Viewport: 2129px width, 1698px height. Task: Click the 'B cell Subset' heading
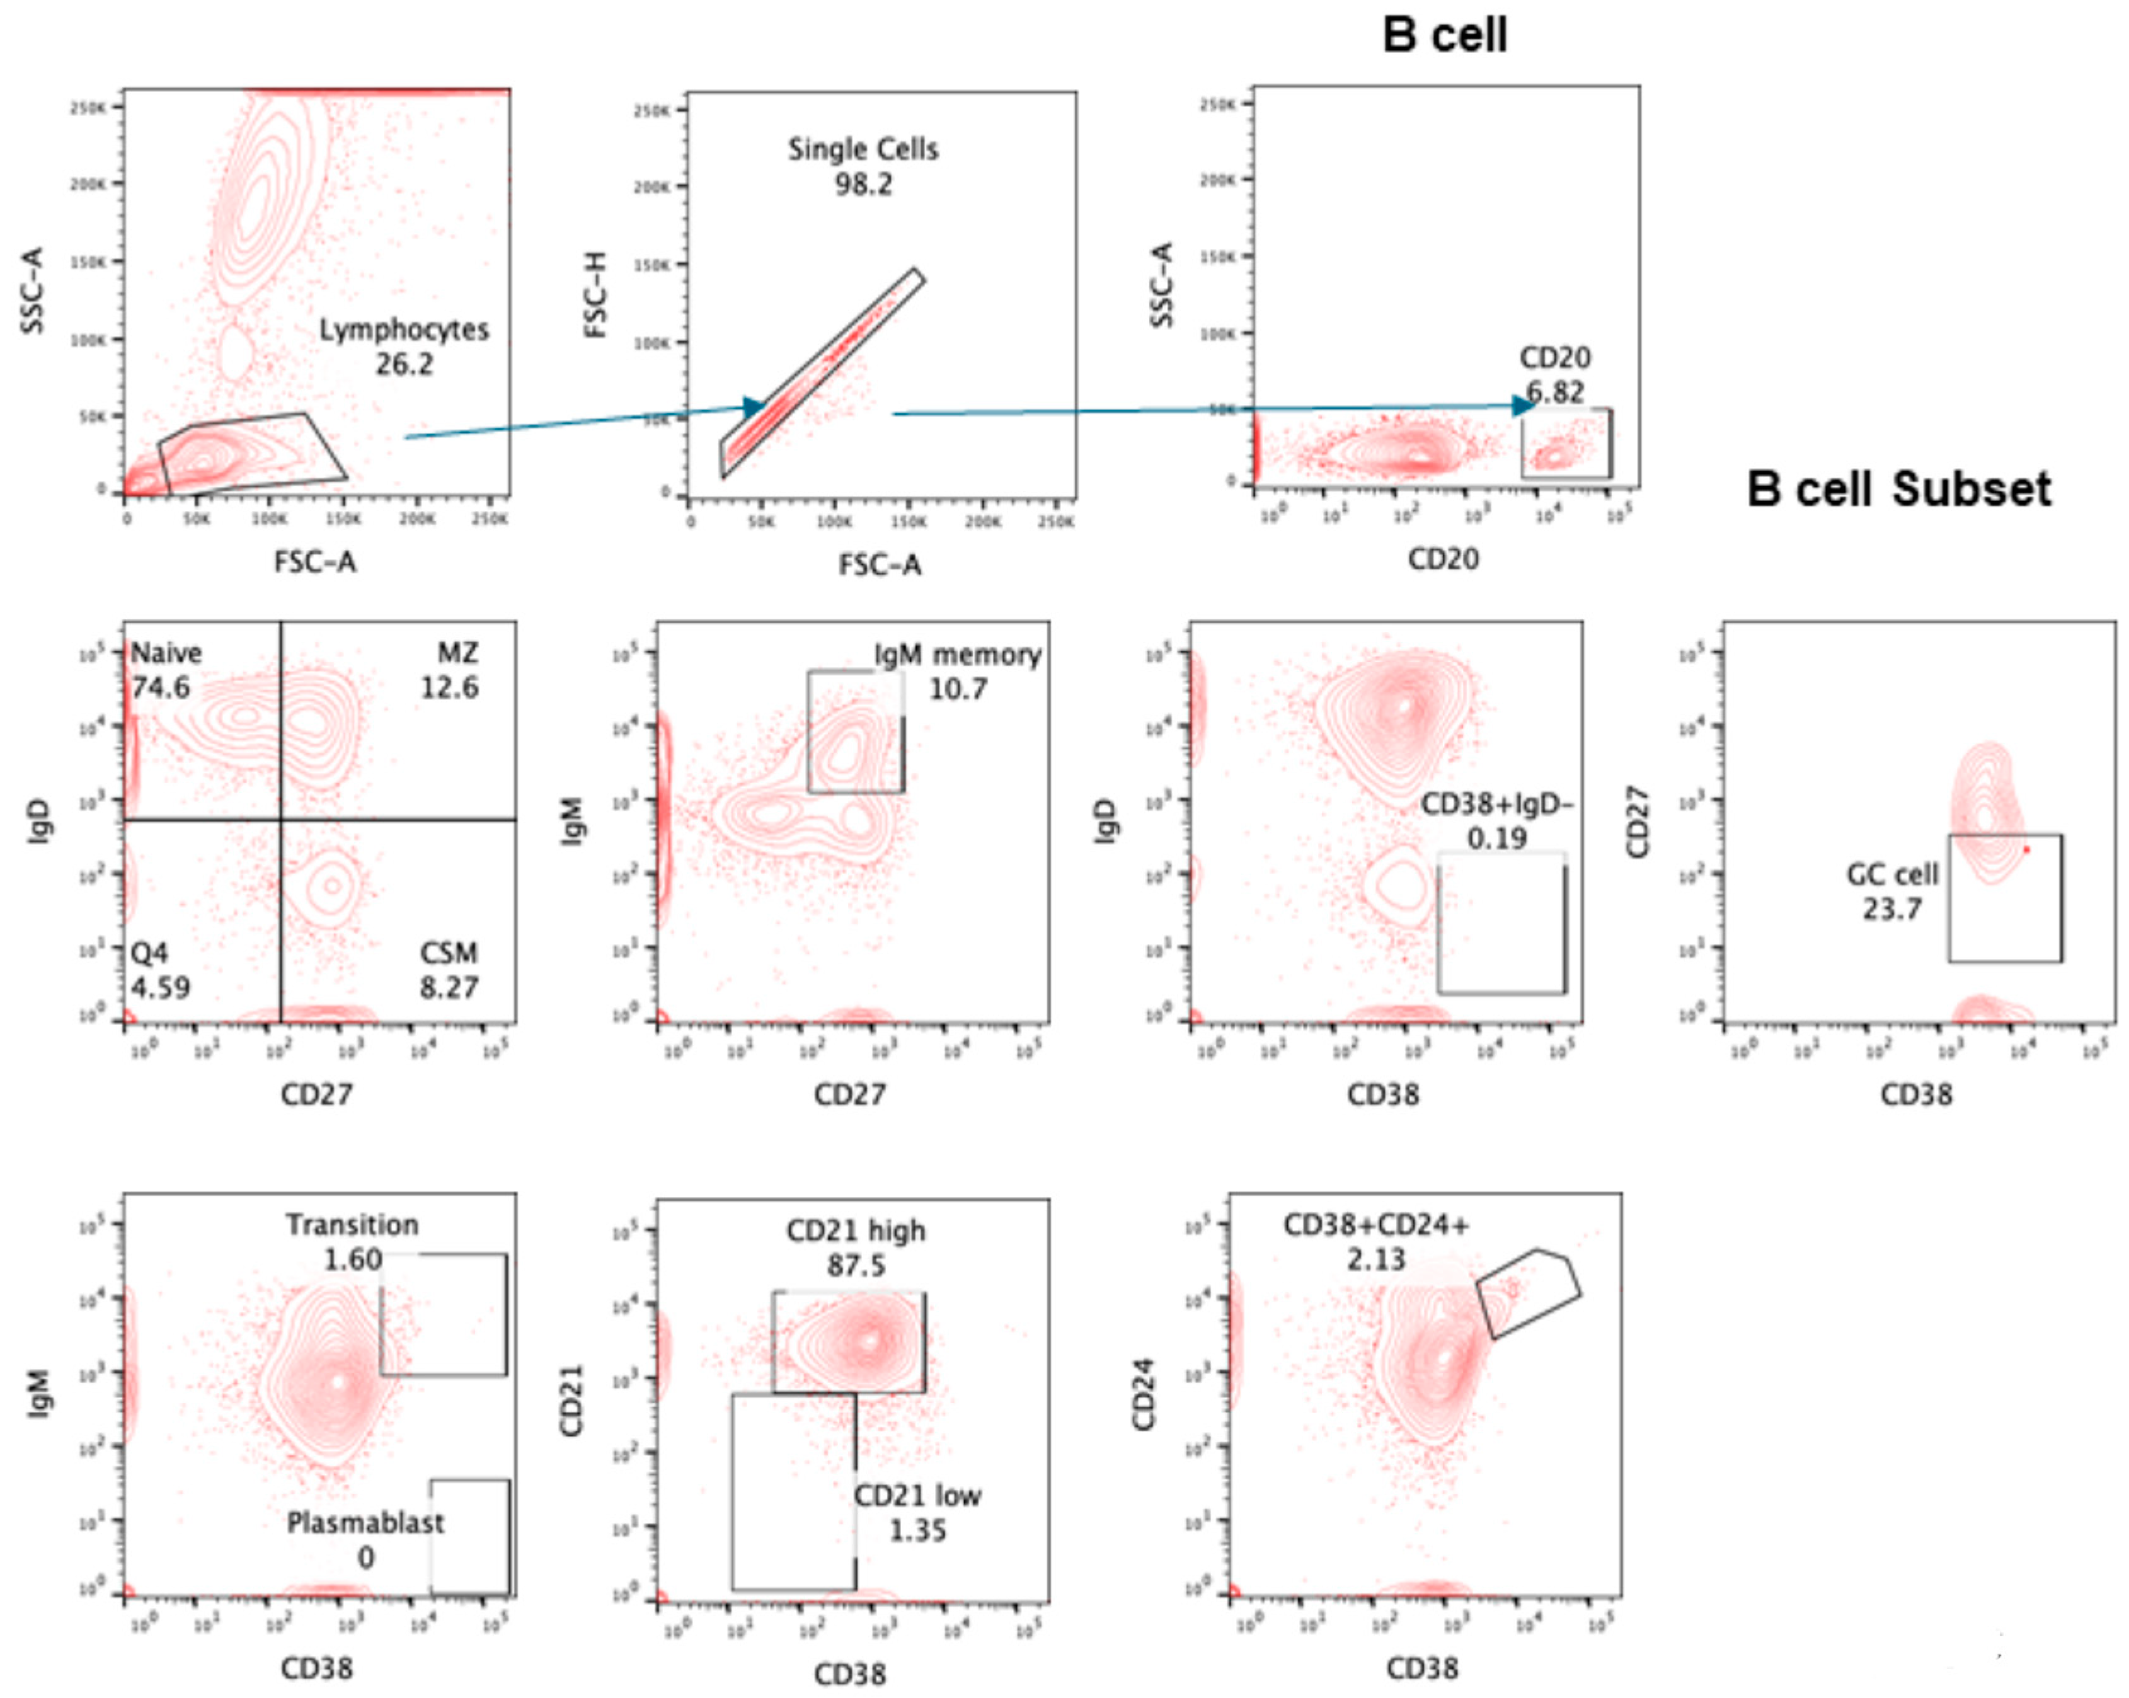tap(1898, 490)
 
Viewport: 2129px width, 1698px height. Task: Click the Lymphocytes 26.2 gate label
tap(404, 347)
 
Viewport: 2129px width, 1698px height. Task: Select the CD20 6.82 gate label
tap(1554, 375)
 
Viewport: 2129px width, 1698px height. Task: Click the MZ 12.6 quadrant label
tap(450, 670)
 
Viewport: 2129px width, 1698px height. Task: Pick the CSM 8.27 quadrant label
tap(449, 970)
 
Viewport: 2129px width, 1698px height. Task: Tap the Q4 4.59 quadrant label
tap(160, 970)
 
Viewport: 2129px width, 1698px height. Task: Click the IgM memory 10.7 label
tap(957, 671)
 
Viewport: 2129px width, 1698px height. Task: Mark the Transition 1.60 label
tap(353, 1242)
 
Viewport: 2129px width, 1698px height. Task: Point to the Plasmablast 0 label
tap(365, 1540)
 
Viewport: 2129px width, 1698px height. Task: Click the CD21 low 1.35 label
tap(917, 1512)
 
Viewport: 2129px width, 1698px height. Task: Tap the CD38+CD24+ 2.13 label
tap(1375, 1242)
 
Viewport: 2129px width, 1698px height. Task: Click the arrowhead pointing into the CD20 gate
tap(1524, 404)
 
